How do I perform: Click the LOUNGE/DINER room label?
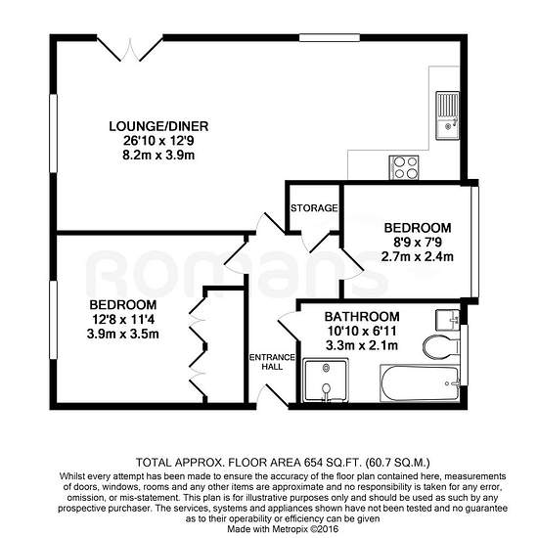click(158, 126)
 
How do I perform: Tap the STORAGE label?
click(314, 208)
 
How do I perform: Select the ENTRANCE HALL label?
click(272, 362)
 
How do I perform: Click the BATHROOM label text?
click(362, 316)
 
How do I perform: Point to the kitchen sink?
click(447, 115)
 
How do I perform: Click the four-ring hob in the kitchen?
click(403, 168)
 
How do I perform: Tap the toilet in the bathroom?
click(441, 346)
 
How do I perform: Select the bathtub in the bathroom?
click(420, 382)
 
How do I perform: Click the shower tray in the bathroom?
click(326, 381)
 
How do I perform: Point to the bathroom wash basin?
click(448, 320)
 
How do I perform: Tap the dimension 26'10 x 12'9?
click(158, 141)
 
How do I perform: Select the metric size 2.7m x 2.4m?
click(418, 256)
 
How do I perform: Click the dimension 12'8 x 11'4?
click(123, 320)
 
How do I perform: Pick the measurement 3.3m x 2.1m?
click(362, 345)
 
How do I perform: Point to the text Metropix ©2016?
click(305, 529)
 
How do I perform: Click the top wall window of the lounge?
click(330, 38)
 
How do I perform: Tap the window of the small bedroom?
click(474, 242)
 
